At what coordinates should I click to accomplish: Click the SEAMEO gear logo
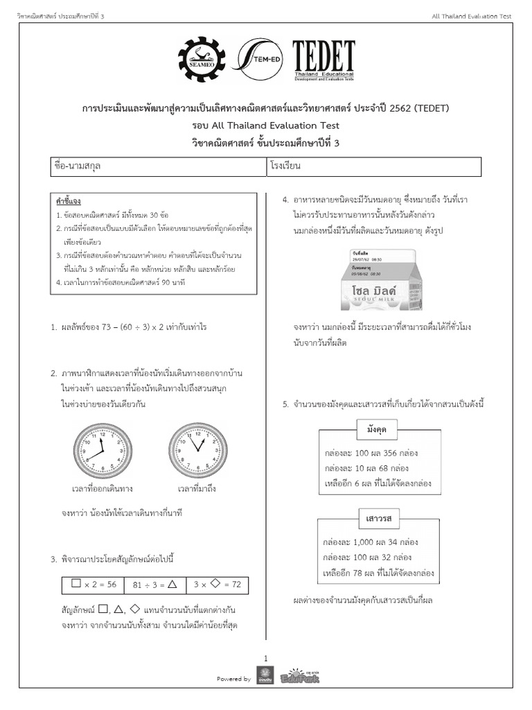coord(202,63)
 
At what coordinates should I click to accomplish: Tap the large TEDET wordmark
coord(324,58)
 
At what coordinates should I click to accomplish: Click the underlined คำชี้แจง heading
coord(69,201)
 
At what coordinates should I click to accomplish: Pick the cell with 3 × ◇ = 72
coord(217,585)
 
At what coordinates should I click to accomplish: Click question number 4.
coord(285,200)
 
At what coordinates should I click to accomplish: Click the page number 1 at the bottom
coord(265,657)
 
